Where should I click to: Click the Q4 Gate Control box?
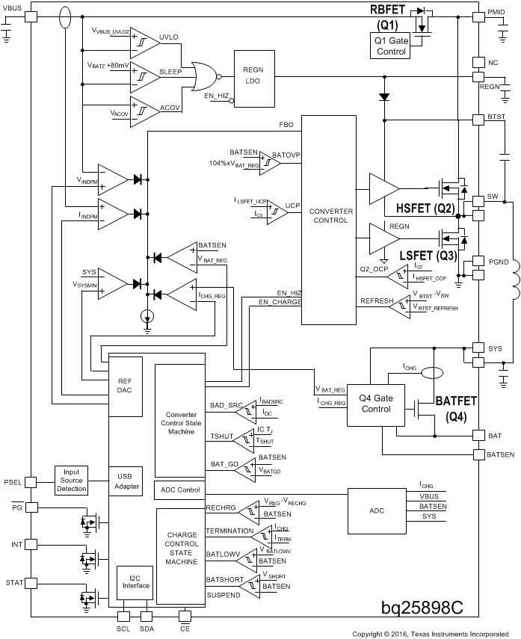pyautogui.click(x=376, y=404)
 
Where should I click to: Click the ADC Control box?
pyautogui.click(x=179, y=490)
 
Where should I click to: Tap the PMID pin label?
pyautogui.click(x=496, y=13)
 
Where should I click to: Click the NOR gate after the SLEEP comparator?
pyautogui.click(x=203, y=73)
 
